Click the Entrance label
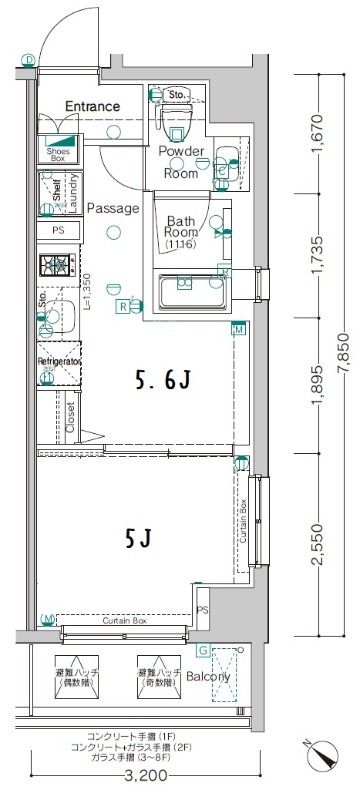click(92, 106)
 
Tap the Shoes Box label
click(56, 154)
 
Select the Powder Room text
click(182, 162)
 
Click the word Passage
click(111, 208)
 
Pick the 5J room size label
click(138, 541)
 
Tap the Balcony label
click(209, 676)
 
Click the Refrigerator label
click(59, 359)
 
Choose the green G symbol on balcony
click(203, 651)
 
